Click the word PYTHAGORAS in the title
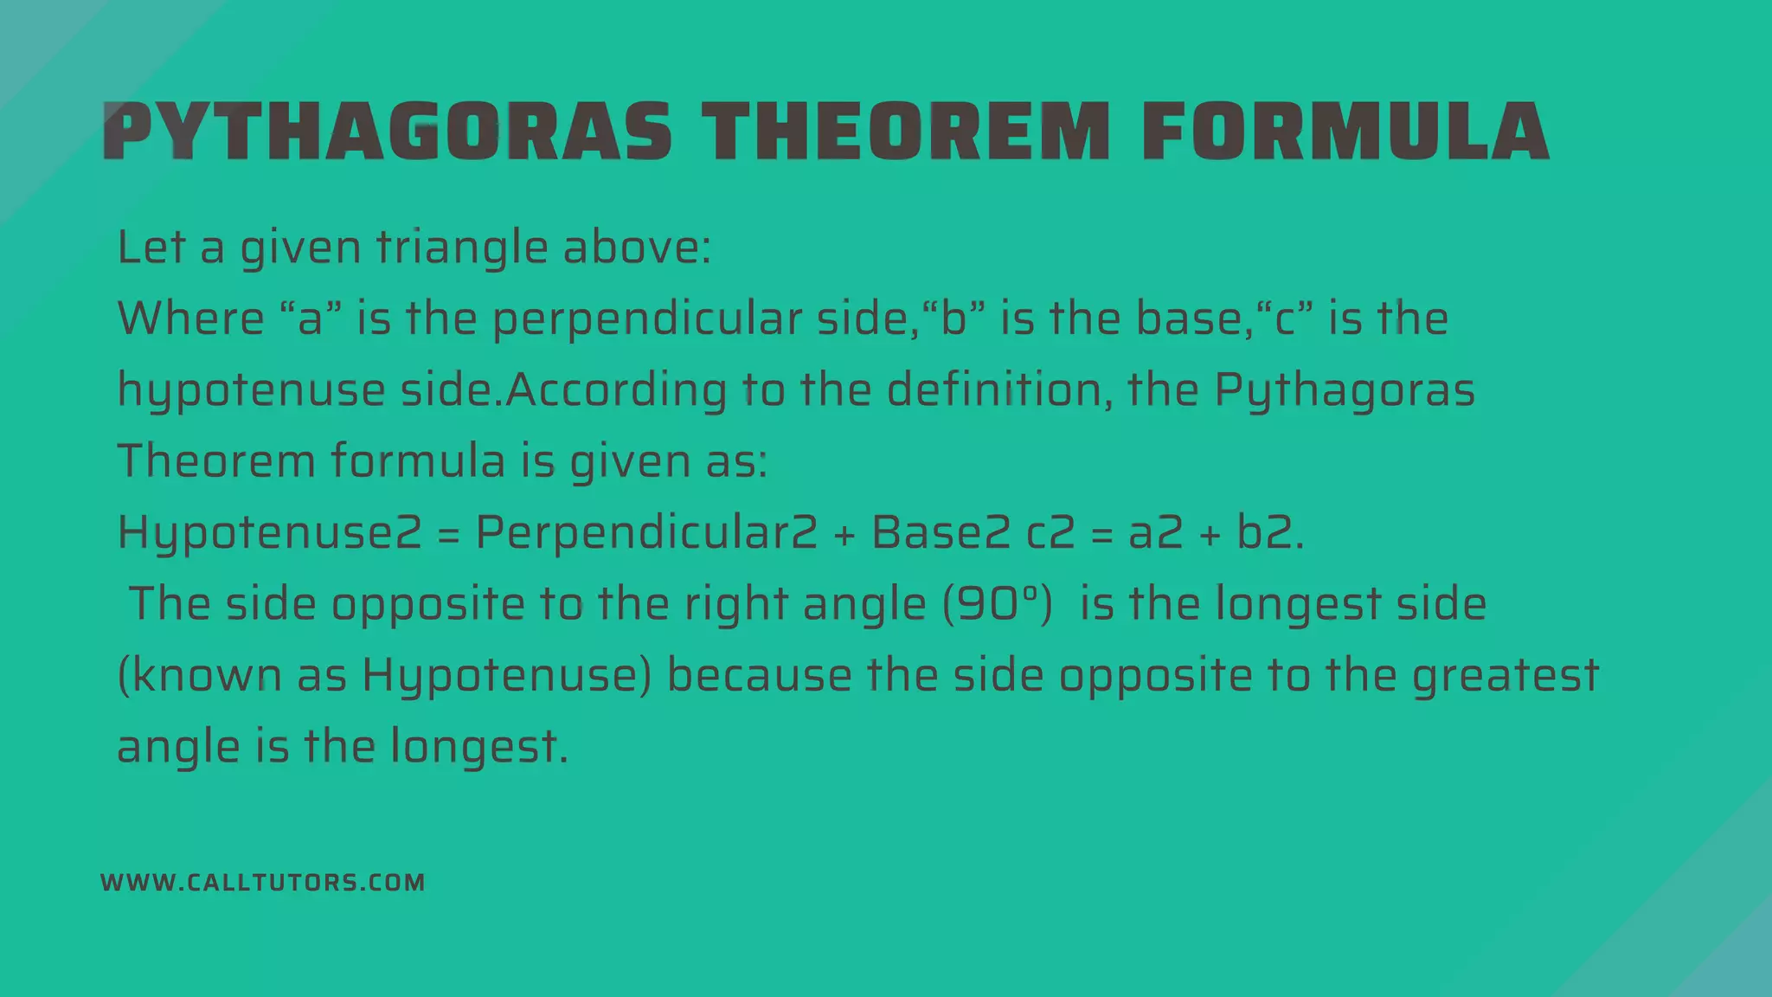(x=388, y=132)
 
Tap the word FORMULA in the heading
(x=1345, y=132)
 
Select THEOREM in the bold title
(x=905, y=132)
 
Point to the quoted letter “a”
(x=311, y=318)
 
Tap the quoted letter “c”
(x=1284, y=318)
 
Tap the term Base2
(x=941, y=531)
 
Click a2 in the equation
(x=1155, y=532)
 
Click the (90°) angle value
(x=998, y=603)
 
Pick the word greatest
(x=1505, y=675)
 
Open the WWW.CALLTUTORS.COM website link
(x=263, y=883)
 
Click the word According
(x=616, y=390)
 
